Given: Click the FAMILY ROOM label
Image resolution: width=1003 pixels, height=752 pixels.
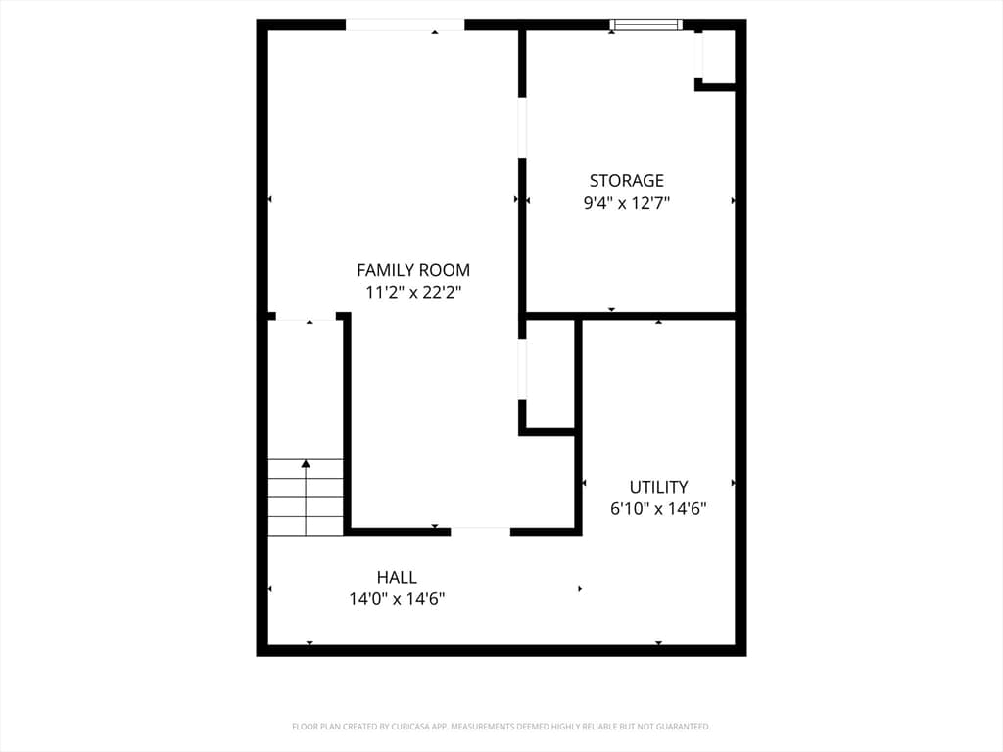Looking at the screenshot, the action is [413, 270].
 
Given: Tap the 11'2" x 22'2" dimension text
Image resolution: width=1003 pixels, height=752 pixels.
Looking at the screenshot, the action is [413, 292].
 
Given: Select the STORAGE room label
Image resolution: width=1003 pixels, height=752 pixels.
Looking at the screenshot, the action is [627, 180].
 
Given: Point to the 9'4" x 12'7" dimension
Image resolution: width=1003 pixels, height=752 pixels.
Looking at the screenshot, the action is [627, 203].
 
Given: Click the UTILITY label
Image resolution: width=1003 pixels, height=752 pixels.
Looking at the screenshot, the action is [659, 487].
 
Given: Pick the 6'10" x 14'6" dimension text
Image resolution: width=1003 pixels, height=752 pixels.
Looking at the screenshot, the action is [659, 508].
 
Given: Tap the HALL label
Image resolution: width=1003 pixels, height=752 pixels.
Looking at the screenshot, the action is [398, 577].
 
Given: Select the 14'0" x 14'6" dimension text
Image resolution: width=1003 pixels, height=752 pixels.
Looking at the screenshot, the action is [398, 599].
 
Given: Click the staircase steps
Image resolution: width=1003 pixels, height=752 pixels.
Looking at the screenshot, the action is [306, 496].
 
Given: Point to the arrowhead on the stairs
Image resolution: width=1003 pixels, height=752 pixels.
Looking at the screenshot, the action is [306, 463].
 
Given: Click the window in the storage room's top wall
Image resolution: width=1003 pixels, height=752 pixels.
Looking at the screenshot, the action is [645, 24].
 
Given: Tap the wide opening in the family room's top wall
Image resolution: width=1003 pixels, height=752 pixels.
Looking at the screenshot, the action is [405, 24].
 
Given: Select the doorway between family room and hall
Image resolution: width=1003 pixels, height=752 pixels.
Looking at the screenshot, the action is [480, 532].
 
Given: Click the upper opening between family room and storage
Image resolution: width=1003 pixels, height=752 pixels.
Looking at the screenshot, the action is [522, 127].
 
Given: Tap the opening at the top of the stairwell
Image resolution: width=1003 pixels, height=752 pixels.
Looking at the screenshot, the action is [306, 316].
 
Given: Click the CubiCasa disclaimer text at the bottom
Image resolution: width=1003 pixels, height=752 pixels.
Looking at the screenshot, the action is [501, 727].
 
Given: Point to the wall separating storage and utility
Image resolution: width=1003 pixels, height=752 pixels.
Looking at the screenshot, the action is [630, 316].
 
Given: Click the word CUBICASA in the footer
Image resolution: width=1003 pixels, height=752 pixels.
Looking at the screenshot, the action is [414, 727].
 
